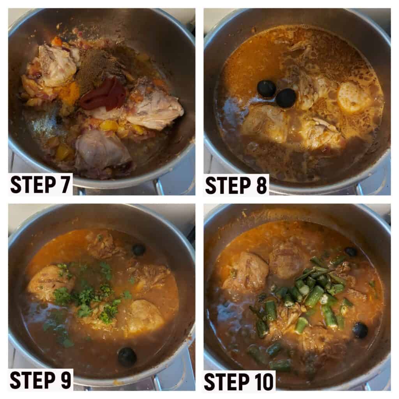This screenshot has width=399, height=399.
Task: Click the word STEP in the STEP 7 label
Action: coord(31,184)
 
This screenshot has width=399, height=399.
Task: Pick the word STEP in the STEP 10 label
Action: coord(226,381)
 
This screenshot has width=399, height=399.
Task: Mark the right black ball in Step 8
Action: coord(286,98)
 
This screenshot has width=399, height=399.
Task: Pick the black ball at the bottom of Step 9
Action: coord(127,357)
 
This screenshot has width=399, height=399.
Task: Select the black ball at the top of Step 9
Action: coord(139,250)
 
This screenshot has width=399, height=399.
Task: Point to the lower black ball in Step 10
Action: coord(360,330)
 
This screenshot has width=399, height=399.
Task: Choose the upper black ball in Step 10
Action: coord(351,252)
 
